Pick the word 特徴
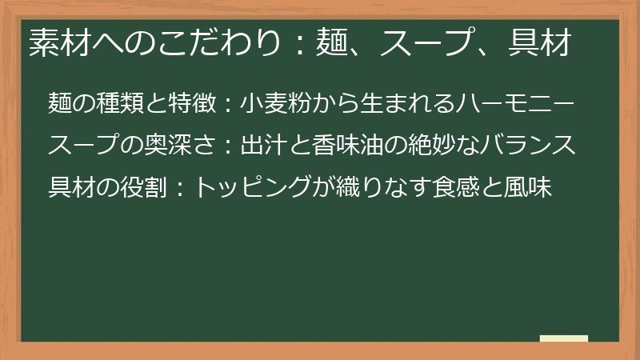(x=193, y=103)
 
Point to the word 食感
(x=467, y=188)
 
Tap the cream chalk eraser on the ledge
(x=564, y=338)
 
